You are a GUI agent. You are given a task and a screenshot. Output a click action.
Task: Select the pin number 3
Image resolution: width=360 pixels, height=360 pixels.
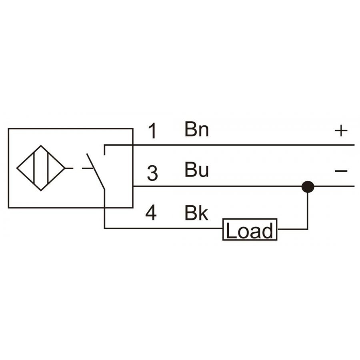152,173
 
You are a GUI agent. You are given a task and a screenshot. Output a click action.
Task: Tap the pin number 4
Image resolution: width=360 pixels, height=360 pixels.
151,213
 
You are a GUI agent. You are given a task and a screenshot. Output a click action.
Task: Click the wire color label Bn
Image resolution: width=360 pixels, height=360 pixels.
197,129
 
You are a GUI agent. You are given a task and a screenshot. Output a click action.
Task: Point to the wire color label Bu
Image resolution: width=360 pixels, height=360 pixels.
197,170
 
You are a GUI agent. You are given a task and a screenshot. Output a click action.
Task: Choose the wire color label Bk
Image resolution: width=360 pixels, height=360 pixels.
196,213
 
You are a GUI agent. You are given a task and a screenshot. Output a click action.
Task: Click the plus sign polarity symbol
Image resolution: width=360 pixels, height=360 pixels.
341,131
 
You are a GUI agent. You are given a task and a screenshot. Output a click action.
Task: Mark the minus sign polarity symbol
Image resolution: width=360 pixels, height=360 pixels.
341,171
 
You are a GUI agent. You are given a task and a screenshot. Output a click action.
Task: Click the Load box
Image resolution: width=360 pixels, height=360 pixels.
250,229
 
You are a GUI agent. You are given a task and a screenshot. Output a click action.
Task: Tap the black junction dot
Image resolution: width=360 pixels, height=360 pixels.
308,187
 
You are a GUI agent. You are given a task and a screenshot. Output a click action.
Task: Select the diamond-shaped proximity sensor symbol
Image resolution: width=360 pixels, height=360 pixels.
41,168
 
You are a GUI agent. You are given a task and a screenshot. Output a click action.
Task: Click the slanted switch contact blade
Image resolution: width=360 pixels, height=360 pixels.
96,172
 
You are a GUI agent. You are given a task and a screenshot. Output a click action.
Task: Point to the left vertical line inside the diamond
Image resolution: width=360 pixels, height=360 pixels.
34,168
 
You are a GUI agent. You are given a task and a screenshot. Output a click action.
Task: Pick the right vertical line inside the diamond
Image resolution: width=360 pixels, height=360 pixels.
48,168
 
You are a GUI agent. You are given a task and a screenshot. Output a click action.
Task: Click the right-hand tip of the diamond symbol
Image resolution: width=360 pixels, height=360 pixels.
65,168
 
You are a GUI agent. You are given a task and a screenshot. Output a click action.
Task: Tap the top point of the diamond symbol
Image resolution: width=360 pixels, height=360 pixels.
41,146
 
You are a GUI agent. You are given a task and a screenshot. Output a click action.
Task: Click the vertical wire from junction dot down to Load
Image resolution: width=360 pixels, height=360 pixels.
308,211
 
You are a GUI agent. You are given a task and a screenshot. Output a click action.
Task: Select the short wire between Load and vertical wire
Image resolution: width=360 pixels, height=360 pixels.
292,229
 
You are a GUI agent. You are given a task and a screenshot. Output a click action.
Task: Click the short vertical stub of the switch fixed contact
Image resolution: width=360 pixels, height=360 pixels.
104,150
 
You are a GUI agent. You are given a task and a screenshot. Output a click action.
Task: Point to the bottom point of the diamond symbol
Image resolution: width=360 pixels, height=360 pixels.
41,190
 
